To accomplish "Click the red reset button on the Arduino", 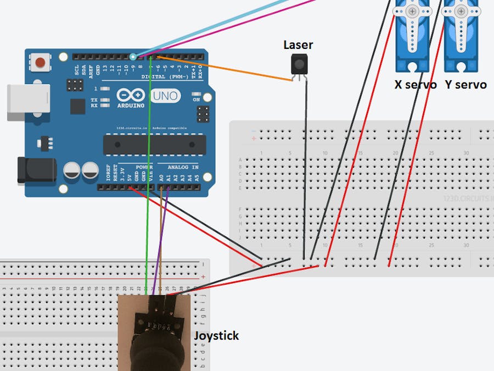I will tap(40, 62).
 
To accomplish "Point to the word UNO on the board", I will tap(165, 96).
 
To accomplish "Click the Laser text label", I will tap(298, 45).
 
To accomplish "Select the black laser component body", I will tap(299, 65).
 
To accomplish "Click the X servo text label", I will tap(416, 85).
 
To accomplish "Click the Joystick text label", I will tap(216, 335).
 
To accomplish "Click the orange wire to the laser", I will tap(231, 69).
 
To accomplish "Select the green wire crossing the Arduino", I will tap(148, 165).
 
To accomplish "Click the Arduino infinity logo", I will tap(131, 95).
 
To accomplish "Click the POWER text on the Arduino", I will tap(144, 166).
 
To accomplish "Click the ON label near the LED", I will tap(197, 100).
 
